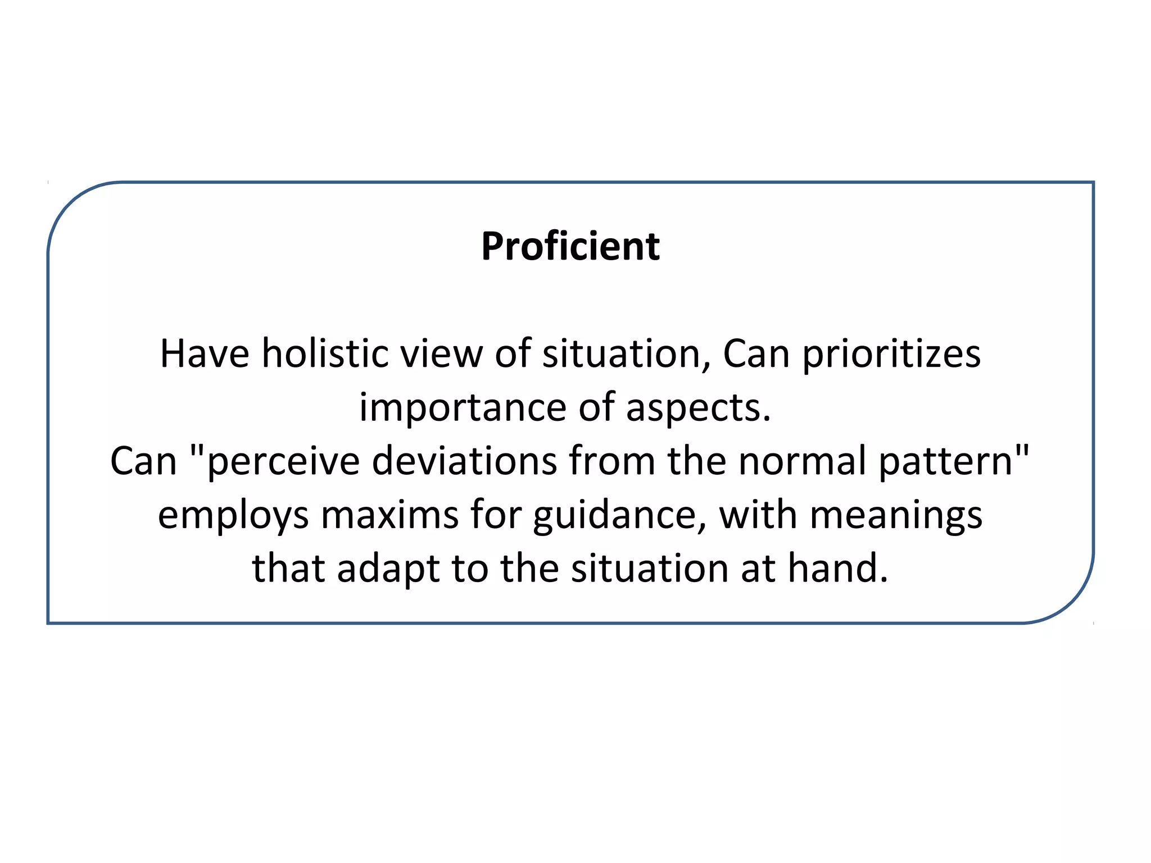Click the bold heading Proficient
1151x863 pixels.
point(570,247)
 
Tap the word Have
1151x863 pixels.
point(205,354)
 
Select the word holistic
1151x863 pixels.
point(325,354)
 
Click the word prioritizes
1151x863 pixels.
point(891,355)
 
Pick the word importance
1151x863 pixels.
point(463,408)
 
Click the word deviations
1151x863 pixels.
point(464,461)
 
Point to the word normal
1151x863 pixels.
point(802,461)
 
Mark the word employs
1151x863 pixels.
point(233,516)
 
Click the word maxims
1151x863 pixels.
point(389,515)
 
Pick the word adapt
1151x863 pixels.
point(388,569)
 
